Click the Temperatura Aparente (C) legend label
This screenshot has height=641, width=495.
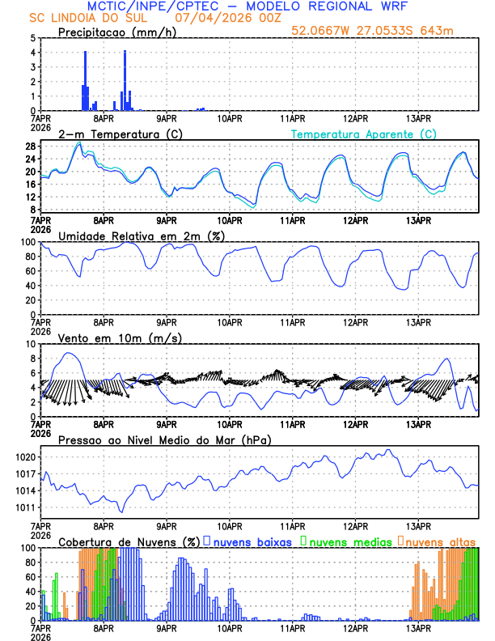[363, 134]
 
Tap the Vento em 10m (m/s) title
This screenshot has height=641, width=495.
[109, 337]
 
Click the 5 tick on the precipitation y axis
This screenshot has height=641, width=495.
[32, 38]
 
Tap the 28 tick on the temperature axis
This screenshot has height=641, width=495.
[29, 146]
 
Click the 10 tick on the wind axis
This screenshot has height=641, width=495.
[29, 344]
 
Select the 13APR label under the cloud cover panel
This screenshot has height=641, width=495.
[417, 627]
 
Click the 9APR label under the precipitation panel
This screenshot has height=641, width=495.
[167, 118]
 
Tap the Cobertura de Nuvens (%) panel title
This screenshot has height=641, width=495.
[129, 541]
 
